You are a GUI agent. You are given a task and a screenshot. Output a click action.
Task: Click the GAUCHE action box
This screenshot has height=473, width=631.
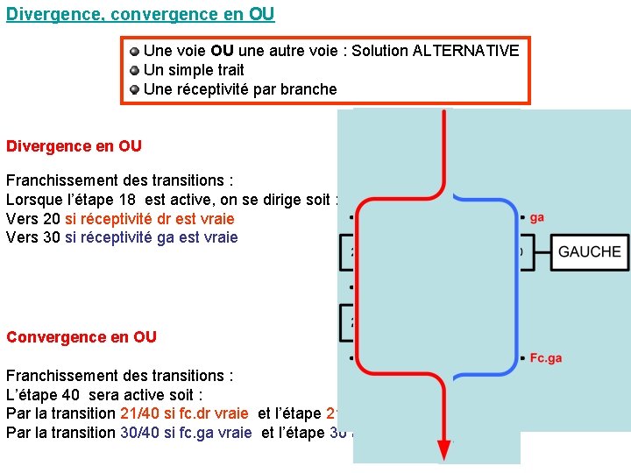click(589, 251)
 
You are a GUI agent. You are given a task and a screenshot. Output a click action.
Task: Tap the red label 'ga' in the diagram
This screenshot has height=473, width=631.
click(536, 217)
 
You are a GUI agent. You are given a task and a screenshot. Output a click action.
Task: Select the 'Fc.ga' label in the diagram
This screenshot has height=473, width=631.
click(545, 357)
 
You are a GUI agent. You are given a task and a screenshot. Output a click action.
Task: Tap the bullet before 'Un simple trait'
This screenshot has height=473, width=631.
click(134, 70)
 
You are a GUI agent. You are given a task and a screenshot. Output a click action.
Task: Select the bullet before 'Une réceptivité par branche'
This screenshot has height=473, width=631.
click(134, 89)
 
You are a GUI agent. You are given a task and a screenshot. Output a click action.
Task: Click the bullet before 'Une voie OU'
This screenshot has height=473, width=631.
click(134, 51)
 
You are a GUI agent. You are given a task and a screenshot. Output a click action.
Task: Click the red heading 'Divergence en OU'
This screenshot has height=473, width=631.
click(74, 146)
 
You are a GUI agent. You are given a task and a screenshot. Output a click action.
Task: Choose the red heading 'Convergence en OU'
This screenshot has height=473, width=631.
click(82, 337)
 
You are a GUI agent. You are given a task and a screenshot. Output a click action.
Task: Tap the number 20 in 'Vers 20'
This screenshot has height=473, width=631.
click(52, 219)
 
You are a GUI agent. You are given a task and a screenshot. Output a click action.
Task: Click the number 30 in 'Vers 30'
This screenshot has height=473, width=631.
click(52, 238)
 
